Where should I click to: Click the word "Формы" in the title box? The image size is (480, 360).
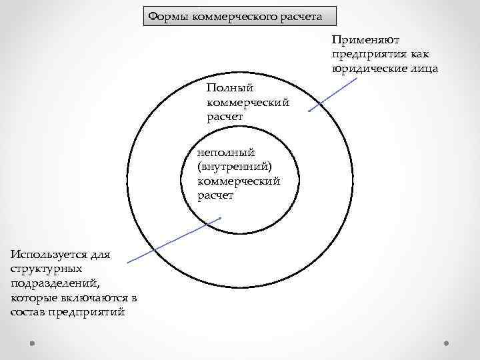(168, 15)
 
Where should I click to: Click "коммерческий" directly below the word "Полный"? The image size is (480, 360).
(248, 103)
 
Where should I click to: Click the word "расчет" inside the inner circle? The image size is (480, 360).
(215, 195)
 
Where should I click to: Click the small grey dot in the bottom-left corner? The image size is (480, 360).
(32, 345)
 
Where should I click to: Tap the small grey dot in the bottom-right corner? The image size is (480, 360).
(447, 345)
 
